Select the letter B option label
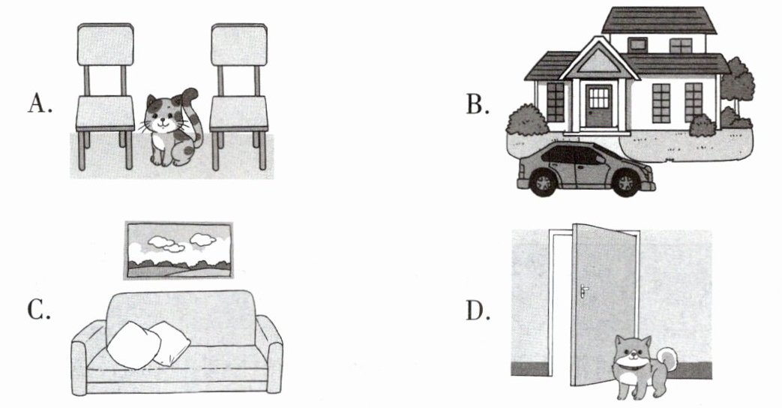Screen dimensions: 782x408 476,103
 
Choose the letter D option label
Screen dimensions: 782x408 477,310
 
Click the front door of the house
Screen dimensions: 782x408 598,105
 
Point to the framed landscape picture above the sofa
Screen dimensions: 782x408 177,250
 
